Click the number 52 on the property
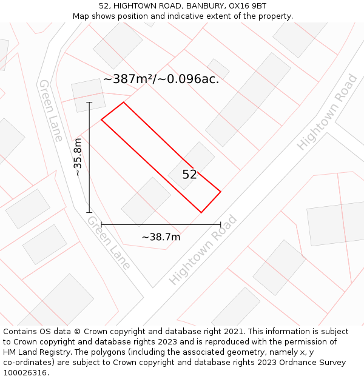coord(189,175)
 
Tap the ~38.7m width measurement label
coord(161,237)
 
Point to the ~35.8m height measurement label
coord(78,157)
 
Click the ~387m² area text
coord(129,79)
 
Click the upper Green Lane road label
coord(51,110)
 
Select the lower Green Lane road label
coord(109,242)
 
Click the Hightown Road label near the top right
coord(327,112)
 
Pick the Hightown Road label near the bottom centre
coord(203,250)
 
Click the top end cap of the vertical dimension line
coord(89,102)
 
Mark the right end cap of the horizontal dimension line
coord(220,224)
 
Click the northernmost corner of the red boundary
coord(123,102)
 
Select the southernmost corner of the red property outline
coord(201,212)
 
